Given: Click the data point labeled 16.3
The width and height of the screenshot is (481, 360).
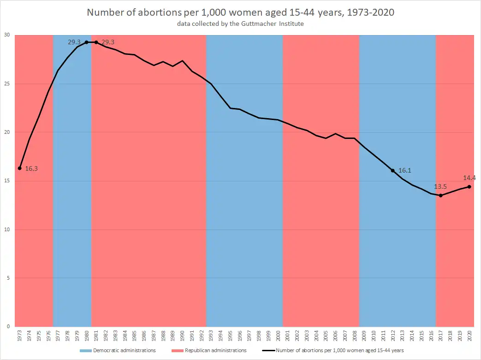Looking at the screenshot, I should click(x=20, y=168).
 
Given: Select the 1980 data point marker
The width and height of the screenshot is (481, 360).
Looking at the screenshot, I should click(x=87, y=42).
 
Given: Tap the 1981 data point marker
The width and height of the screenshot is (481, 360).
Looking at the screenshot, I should click(x=96, y=42).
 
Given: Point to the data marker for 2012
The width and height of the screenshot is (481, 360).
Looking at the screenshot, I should click(x=393, y=170).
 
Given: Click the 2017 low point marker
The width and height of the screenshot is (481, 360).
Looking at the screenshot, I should click(x=441, y=196).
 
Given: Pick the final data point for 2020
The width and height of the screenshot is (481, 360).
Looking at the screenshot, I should click(x=469, y=187).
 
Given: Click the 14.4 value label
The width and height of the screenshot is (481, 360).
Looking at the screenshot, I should click(x=469, y=178).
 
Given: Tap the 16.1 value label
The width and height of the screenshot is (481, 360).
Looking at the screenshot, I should click(x=404, y=170).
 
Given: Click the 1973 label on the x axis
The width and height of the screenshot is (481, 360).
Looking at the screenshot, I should click(x=20, y=336).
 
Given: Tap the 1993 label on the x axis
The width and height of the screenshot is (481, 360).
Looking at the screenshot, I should click(x=211, y=336).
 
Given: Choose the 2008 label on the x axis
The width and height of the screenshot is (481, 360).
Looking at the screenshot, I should click(x=355, y=336).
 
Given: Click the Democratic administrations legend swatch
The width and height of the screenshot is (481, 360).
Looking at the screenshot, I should click(x=85, y=351).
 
